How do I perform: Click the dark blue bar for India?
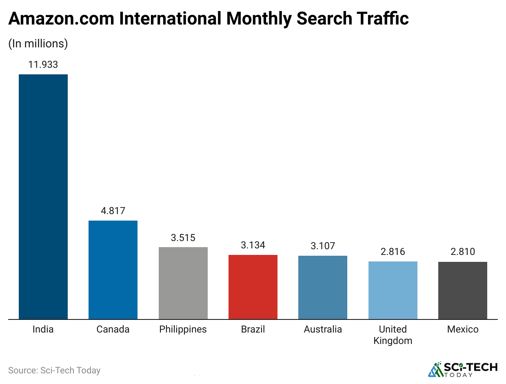(x=43, y=196)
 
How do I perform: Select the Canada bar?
(x=113, y=270)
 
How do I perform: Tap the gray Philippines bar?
(x=183, y=283)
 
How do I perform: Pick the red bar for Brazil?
(x=253, y=287)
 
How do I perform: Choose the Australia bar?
(x=323, y=287)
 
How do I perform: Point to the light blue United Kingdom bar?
(x=393, y=290)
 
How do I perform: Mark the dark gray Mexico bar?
(x=463, y=290)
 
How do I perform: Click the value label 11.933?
(x=43, y=65)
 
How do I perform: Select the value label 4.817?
(x=113, y=211)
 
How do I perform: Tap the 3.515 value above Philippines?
(x=183, y=237)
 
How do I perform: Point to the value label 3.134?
(x=253, y=245)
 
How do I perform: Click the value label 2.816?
(x=393, y=252)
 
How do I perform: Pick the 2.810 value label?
(x=463, y=252)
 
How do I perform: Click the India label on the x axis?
(x=43, y=329)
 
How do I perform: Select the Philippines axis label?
(x=183, y=329)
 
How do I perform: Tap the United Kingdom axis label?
(x=393, y=335)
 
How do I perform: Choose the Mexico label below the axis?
(x=463, y=329)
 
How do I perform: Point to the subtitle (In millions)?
(x=38, y=43)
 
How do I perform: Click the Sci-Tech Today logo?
(x=463, y=369)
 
